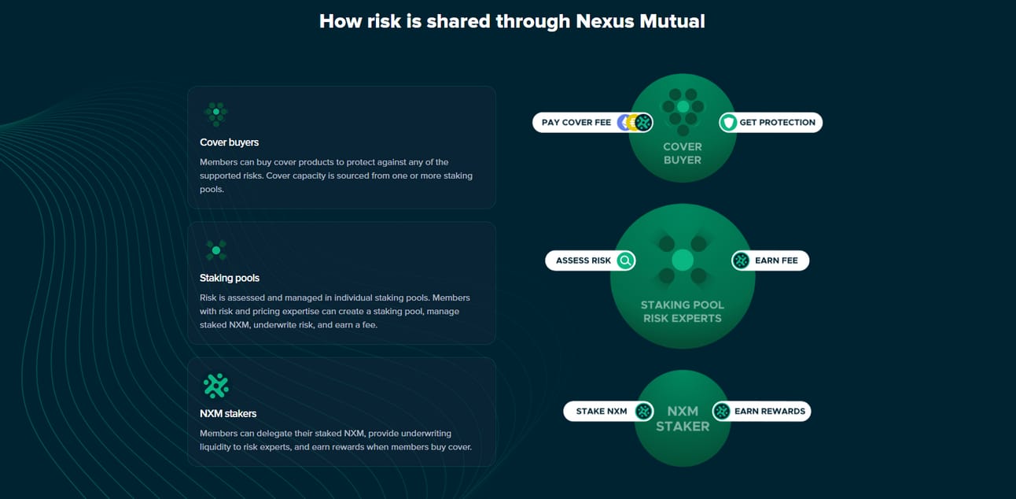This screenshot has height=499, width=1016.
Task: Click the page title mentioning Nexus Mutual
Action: coord(512,21)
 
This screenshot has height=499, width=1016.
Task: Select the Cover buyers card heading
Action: coord(229,142)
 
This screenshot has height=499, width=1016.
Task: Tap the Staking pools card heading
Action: coord(230,278)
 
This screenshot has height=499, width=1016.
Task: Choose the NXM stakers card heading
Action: coord(228,414)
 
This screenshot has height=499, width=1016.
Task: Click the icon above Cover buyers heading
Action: coord(216,113)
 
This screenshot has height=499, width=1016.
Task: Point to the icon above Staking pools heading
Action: coord(216,250)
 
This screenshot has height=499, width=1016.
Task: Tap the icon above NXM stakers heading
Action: coord(216,386)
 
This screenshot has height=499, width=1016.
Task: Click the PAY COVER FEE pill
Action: coord(593,123)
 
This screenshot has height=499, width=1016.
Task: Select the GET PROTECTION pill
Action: coord(771,123)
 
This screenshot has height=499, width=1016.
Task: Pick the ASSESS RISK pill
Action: coord(590,261)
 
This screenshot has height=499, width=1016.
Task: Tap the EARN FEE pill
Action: coord(770,261)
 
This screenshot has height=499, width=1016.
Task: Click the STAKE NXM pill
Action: coord(608,412)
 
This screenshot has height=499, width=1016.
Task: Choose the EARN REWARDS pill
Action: coord(761,412)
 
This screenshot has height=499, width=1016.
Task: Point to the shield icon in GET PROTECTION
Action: coord(729,123)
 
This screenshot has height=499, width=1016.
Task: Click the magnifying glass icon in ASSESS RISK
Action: coord(625,261)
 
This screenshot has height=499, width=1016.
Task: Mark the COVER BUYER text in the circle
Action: coord(683,153)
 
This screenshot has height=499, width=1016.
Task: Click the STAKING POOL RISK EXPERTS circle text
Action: coord(683,312)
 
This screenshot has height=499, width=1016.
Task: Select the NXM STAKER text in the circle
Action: coord(683,419)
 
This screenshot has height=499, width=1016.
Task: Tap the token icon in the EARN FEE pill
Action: coord(741,261)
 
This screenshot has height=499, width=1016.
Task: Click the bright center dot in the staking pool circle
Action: coord(683,261)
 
